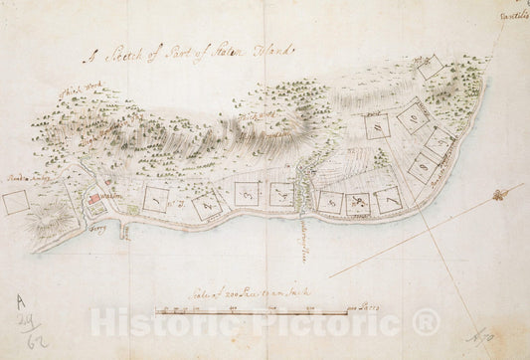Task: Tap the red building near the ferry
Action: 95,199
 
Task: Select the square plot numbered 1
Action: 157,198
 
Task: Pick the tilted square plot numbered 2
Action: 206,205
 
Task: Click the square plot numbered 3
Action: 246,192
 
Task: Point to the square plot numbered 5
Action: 330,202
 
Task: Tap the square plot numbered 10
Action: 412,117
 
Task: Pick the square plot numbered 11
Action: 377,126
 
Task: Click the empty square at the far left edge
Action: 15,202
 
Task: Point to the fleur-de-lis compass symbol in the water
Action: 512,190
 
